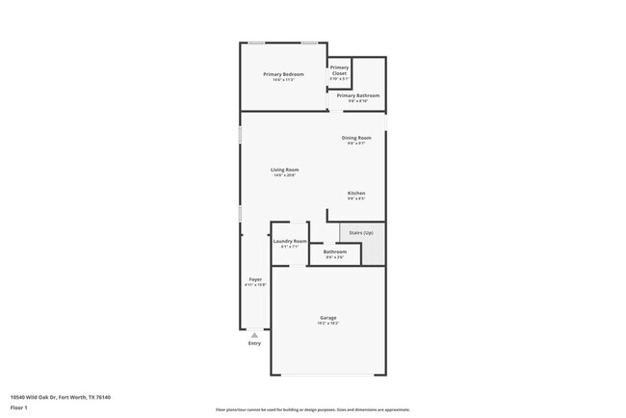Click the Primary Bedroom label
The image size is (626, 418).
pos(283,74)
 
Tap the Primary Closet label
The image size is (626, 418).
pos(339,70)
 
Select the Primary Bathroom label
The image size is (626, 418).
pos(357,95)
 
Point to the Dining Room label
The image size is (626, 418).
pos(355,138)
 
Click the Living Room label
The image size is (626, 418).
pos(283,170)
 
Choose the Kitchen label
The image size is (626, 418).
pos(355,193)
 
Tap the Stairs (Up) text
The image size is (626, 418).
pos(361,232)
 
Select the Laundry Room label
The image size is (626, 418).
pos(290,241)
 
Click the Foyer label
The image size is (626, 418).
pos(255,279)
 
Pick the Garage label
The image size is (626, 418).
pos(328,318)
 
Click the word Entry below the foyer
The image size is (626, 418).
pos(254,343)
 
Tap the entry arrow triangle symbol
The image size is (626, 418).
pos(254,334)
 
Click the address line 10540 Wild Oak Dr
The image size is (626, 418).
pos(60,397)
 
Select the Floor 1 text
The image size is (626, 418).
pos(18,406)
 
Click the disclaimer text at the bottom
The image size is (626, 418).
pos(312,409)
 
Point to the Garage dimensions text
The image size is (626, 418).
pos(328,324)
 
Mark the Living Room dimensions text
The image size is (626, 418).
pos(283,175)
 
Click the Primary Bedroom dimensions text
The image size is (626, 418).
pos(283,80)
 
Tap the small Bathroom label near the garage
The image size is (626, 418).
pos(335,252)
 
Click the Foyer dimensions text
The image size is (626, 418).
pos(255,285)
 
